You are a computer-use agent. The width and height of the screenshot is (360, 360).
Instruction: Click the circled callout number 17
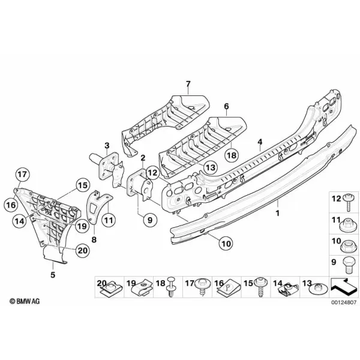pos(22,175)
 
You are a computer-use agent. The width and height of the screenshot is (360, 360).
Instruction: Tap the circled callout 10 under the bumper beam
pos(226,243)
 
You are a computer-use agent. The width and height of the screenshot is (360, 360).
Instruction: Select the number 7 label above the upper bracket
pos(188,84)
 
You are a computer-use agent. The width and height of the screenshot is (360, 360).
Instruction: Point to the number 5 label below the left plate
pos(53,275)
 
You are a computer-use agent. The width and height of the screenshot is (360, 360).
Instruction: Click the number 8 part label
pos(94,240)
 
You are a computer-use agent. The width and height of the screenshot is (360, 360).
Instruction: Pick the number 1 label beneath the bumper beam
pos(278,213)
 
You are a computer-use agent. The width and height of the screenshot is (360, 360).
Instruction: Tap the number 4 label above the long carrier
pos(260,142)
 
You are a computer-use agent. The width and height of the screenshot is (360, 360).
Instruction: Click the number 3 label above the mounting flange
pos(107,146)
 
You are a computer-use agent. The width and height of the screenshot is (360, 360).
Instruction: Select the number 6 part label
pos(226,106)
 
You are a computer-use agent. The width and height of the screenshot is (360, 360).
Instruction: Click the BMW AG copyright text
pos(25,301)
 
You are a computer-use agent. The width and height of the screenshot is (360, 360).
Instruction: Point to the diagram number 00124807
pos(344,302)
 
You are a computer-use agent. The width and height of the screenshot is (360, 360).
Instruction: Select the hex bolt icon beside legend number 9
pos(349,265)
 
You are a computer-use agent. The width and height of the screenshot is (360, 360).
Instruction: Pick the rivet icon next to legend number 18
pos(171,287)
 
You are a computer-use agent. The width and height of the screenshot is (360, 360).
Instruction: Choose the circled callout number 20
pos(83,250)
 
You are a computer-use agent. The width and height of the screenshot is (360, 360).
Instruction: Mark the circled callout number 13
pos(211,167)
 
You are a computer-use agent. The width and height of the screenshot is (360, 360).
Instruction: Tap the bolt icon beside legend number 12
pos(348,202)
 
